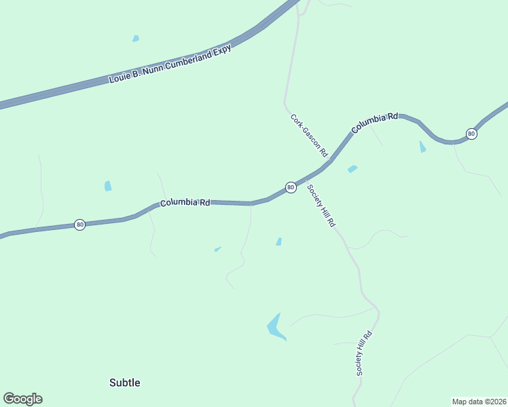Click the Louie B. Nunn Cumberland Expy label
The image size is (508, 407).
pos(170,64)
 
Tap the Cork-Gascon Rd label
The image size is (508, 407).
pos(309,136)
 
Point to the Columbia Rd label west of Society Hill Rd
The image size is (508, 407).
pos(185,203)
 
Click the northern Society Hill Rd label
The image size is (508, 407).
pos(321,206)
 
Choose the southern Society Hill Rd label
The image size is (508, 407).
pos(364,353)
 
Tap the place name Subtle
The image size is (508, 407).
pos(125,383)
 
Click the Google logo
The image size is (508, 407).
pos(22,399)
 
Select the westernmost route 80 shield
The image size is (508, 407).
pos(79,225)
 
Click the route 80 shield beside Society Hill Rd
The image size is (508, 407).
pos(290,187)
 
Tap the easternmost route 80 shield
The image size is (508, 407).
pos(471,134)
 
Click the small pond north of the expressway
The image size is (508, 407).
pos(136,39)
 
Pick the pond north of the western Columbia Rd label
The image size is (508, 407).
pos(108,186)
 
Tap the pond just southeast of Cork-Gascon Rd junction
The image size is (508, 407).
pos(352,169)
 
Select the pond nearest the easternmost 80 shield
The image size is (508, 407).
pos(422,147)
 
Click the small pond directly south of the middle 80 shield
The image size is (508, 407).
pos(279,241)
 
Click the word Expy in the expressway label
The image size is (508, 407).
pos(222,50)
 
